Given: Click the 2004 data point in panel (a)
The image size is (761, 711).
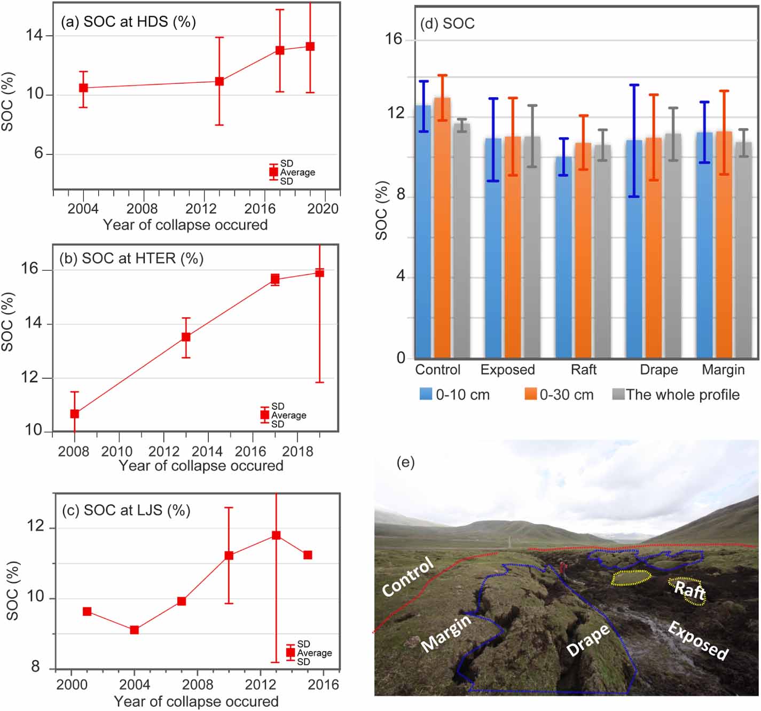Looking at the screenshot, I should coord(83,88).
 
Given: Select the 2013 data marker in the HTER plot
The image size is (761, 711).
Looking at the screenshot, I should coord(186,337).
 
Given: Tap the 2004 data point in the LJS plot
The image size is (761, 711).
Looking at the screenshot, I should coord(135,630).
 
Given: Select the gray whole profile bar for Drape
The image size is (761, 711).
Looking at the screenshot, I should coord(673,246).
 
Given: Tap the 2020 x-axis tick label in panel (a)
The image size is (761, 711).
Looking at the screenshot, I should coord(323,209).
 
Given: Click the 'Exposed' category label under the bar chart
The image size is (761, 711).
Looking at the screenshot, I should coord(507,370).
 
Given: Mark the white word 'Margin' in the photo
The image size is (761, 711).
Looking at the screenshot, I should coord(446,632).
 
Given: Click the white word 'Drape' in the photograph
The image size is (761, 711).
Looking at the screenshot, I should coord(588,639).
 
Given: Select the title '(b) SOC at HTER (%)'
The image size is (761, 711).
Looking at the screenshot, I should coord(131,259).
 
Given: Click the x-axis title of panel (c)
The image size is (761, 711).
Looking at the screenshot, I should coord(196,701).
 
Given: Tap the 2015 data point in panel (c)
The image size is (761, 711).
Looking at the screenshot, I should coord(308,556).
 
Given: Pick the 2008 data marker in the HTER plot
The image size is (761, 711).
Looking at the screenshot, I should coord(75,414).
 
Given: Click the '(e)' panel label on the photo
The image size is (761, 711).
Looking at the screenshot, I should coord(405,462).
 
